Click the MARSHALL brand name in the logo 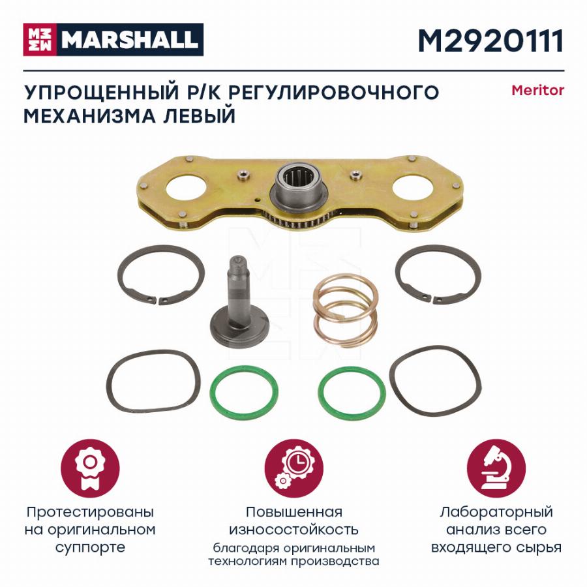click(x=130, y=40)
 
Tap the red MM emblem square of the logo click(x=40, y=40)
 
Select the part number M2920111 click(x=490, y=40)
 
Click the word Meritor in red click(x=537, y=91)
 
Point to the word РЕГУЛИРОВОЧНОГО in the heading click(x=333, y=92)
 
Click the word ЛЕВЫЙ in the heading click(x=200, y=115)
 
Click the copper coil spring click(x=345, y=310)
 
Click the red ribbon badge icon click(x=90, y=469)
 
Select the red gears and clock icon click(x=294, y=469)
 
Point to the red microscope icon click(x=496, y=469)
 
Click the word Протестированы click(x=90, y=512)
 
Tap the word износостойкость click(x=294, y=530)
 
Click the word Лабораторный click(x=496, y=512)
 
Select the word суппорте click(x=90, y=548)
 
